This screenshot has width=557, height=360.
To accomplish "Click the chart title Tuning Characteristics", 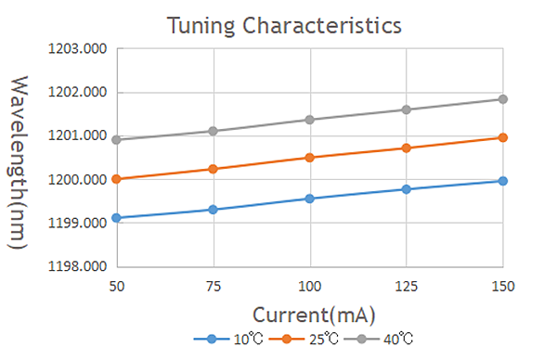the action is [x=284, y=26].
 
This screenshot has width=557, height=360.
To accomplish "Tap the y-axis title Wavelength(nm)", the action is [x=18, y=162].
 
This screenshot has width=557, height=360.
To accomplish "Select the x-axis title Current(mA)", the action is [x=314, y=315].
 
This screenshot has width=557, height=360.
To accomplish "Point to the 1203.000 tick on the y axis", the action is [x=77, y=48].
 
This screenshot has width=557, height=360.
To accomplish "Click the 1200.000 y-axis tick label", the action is [x=77, y=180].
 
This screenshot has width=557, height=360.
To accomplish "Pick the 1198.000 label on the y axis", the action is [x=77, y=266].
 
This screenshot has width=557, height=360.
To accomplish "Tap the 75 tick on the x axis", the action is [x=214, y=286].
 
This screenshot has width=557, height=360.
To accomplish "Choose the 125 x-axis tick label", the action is [x=407, y=286].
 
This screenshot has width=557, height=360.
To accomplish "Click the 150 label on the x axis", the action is [x=503, y=286].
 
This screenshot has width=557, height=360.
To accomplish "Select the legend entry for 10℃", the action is [x=228, y=339].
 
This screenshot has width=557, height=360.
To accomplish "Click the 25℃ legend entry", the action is [x=304, y=339].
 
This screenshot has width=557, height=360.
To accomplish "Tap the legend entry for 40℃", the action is [x=379, y=339].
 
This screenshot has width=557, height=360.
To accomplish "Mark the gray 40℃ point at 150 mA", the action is [x=503, y=99].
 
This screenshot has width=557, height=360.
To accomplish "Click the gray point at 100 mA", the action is [x=310, y=120].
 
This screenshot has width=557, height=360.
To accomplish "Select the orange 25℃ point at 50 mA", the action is [x=117, y=179].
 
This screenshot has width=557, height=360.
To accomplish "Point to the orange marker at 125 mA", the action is [x=407, y=148].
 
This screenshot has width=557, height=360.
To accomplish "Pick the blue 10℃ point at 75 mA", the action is [x=214, y=210].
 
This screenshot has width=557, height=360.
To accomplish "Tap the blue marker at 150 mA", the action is [x=503, y=181].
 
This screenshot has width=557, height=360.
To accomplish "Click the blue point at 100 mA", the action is [x=310, y=199].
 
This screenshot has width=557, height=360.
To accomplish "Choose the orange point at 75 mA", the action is [x=214, y=169].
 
